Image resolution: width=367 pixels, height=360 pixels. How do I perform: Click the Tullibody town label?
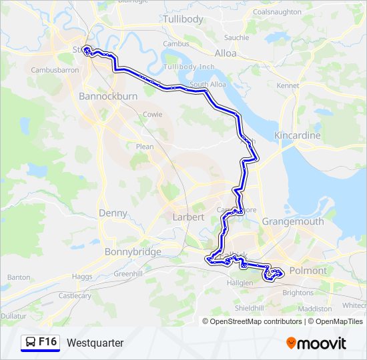tap(183, 19)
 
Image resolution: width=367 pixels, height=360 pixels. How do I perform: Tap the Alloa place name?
tap(226, 53)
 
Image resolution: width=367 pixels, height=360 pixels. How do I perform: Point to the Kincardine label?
tap(298, 135)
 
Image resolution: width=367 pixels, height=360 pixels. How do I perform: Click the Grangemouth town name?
tap(293, 221)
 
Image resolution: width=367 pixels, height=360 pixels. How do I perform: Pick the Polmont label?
tap(309, 271)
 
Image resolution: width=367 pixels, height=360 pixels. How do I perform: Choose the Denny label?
tap(112, 213)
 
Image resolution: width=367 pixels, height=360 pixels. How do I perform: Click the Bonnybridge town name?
tap(133, 252)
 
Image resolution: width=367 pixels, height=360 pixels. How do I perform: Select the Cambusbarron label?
tap(55, 69)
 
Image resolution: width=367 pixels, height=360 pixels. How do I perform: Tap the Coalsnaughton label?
tap(277, 12)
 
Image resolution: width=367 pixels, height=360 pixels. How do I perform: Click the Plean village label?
tap(144, 147)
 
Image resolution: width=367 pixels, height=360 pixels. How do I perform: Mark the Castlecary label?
tap(75, 295)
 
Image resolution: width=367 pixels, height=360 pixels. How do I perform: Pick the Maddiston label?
tap(315, 309)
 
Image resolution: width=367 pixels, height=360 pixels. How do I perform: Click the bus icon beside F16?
tap(30, 343)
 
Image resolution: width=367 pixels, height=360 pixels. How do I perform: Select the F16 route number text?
tap(47, 342)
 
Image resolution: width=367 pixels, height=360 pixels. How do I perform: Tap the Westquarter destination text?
tap(95, 343)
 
